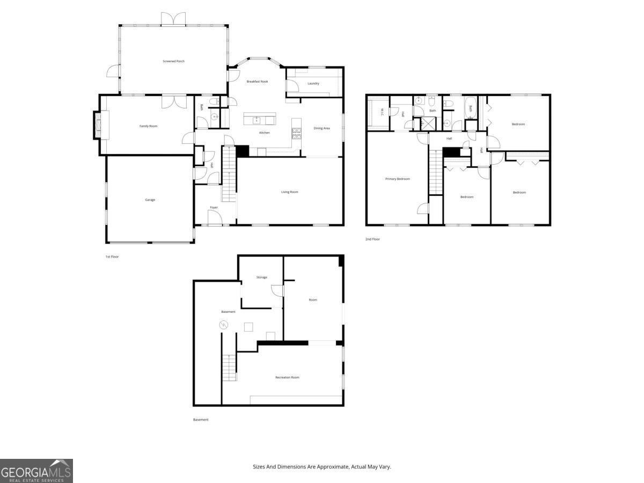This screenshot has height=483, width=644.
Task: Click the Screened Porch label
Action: click(173, 61)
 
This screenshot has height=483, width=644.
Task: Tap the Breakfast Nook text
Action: click(257, 82)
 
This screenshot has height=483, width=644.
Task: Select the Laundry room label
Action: click(313, 84)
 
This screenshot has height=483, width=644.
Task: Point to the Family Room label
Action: click(149, 126)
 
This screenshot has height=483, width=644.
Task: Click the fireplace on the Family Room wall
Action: click(98, 125)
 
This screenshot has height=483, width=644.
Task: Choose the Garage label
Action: click(150, 200)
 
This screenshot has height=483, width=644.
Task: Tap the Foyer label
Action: click(214, 207)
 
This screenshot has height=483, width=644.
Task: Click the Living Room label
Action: click(290, 192)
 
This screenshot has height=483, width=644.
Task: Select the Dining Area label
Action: click(322, 128)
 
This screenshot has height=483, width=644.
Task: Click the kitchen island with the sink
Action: click(260, 118)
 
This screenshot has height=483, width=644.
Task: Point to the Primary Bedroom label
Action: click(398, 179)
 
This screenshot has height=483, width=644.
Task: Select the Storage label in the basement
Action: click(261, 277)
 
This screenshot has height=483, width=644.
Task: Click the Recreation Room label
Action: click(287, 377)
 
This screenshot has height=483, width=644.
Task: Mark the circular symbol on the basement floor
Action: click(223, 325)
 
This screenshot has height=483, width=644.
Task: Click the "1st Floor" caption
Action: click(112, 257)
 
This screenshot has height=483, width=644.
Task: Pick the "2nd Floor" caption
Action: click(372, 239)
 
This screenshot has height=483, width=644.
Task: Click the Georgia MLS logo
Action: click(36, 471)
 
